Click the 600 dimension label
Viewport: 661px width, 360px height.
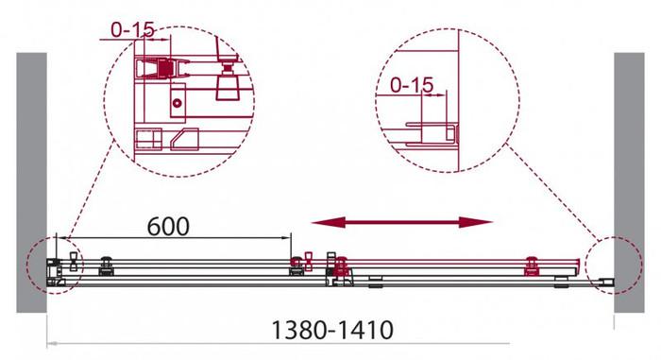(168, 227)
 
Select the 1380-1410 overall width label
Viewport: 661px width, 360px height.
(332, 330)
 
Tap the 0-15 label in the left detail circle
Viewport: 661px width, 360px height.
(132, 29)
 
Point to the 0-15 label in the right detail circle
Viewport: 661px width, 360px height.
(412, 85)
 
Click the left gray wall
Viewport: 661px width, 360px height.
(31, 182)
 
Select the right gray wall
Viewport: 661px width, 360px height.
(629, 182)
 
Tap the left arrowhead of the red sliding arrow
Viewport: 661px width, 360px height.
(328, 222)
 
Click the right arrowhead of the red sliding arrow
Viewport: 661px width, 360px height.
(476, 222)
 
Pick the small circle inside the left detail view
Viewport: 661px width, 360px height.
(178, 103)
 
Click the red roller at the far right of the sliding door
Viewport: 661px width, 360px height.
(532, 266)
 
